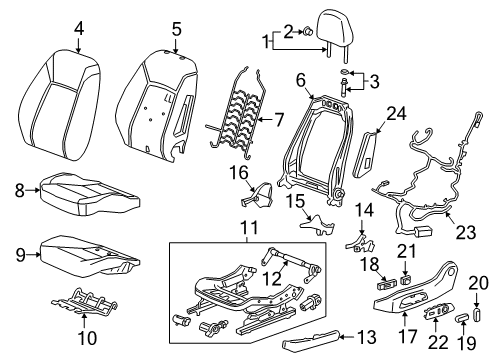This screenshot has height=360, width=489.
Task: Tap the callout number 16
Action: coord(239,173)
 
